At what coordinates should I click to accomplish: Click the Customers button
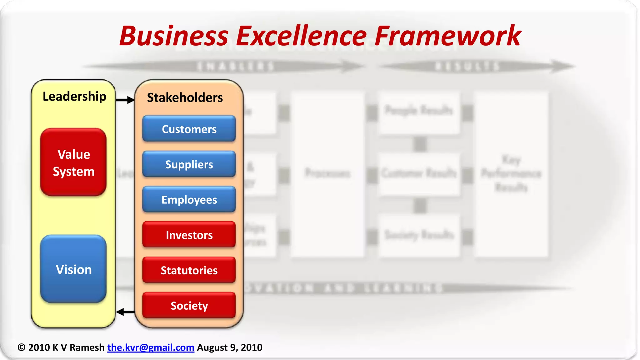[189, 129]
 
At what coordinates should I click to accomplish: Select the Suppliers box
[189, 164]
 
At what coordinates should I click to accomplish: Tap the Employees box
[189, 199]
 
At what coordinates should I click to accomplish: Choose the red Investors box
[189, 235]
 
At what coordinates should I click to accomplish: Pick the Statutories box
[189, 270]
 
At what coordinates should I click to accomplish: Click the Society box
[189, 305]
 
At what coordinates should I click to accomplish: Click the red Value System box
[73, 162]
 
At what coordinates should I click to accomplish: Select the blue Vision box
[73, 269]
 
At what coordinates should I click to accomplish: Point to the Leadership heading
[74, 96]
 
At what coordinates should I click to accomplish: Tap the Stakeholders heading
[185, 97]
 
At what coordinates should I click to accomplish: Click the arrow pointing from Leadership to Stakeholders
[125, 100]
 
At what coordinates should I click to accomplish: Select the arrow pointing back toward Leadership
[125, 312]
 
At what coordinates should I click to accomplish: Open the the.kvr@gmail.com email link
[151, 347]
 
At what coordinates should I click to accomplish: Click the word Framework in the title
[447, 36]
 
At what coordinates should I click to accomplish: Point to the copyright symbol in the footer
[21, 347]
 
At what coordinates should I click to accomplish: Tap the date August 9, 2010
[230, 347]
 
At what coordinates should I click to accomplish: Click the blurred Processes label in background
[327, 173]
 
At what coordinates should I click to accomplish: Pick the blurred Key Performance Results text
[511, 173]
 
